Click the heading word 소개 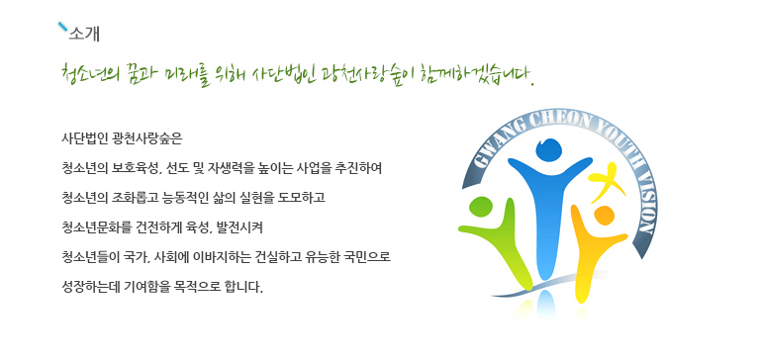click(x=84, y=34)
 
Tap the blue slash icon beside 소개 click(x=62, y=27)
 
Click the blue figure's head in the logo click(x=548, y=149)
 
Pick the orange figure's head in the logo click(x=604, y=216)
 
